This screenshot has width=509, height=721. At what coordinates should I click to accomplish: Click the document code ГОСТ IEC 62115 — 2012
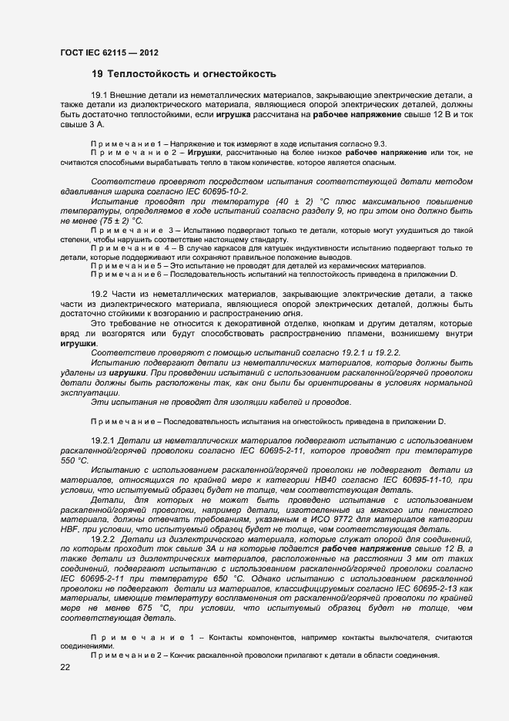tap(109, 53)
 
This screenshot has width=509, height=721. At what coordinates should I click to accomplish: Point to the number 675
tap(141, 608)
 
